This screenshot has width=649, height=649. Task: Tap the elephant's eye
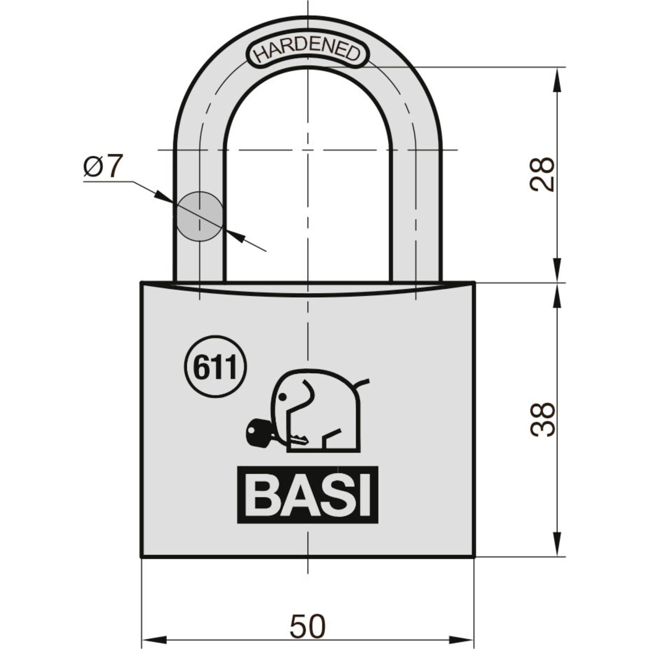point(283,398)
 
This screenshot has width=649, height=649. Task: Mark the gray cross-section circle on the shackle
point(200,216)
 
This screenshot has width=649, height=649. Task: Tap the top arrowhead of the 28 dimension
point(557,78)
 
